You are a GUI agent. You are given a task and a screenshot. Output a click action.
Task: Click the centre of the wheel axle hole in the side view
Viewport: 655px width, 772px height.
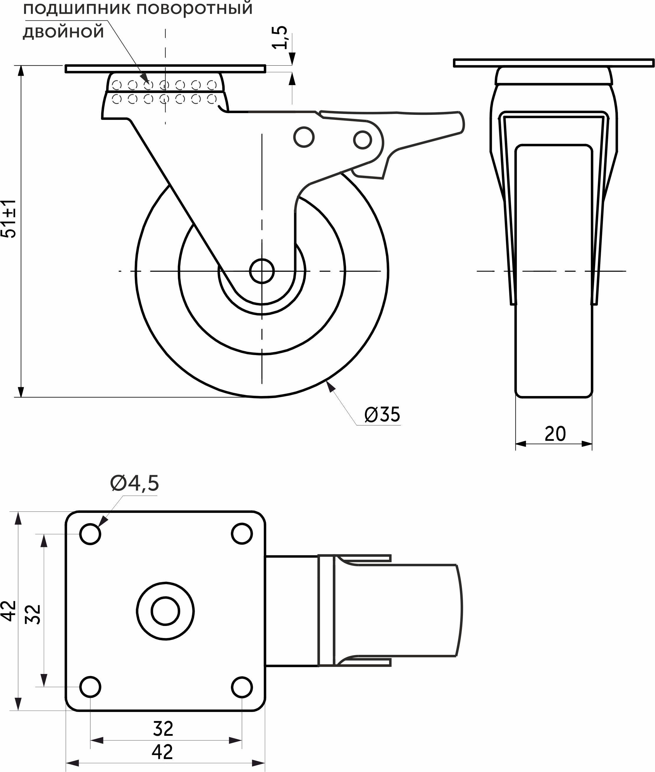(262, 271)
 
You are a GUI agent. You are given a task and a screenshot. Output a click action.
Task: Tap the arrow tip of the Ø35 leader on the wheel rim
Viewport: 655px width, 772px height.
(326, 382)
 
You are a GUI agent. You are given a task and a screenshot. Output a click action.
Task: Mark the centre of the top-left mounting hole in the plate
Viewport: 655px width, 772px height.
(90, 534)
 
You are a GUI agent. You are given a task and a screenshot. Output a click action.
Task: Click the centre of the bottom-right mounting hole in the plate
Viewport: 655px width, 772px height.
(242, 687)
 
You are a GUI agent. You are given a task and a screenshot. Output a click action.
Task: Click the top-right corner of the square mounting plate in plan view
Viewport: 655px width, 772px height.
(265, 512)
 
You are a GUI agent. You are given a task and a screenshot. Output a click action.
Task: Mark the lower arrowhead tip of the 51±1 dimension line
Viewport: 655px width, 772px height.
(21, 397)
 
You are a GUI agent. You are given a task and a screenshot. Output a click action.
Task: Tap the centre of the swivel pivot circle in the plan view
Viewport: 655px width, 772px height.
(165, 611)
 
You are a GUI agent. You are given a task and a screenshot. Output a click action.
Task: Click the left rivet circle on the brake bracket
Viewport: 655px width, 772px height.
(304, 137)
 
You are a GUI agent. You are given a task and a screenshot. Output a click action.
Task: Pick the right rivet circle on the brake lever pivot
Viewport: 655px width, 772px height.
(363, 140)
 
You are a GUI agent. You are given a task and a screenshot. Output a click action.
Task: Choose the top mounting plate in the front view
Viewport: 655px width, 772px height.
(554, 63)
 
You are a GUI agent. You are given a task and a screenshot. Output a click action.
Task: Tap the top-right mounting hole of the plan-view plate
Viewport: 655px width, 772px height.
(242, 534)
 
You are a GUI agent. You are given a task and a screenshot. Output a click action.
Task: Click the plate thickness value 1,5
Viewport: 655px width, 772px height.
(280, 37)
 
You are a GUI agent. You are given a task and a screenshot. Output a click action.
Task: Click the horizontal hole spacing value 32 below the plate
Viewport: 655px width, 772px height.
(163, 729)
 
